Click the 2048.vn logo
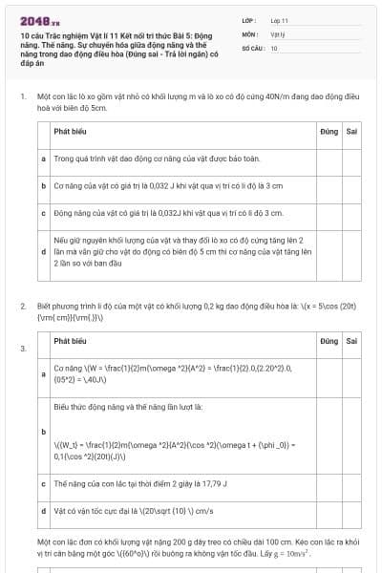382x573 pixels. click(x=39, y=21)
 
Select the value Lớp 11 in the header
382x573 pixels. click(x=280, y=20)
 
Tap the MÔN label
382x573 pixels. click(x=249, y=33)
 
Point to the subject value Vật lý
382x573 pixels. click(x=278, y=33)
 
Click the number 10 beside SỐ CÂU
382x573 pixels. click(x=274, y=47)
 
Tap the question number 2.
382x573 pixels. click(x=22, y=306)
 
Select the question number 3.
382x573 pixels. click(x=22, y=349)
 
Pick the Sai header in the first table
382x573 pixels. click(x=351, y=133)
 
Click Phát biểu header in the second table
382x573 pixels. click(x=72, y=341)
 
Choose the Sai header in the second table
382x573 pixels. click(x=351, y=341)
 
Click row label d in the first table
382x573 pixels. click(x=44, y=250)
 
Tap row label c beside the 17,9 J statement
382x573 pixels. click(x=44, y=484)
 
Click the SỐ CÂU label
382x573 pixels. click(x=252, y=47)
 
